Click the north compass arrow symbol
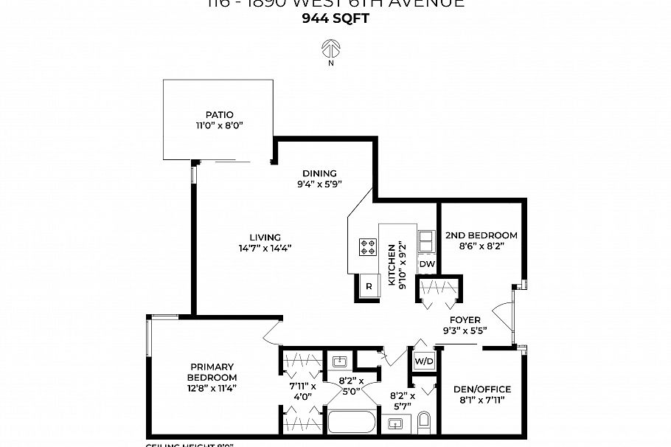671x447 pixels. click(330, 49)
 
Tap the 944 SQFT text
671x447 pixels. click(335, 19)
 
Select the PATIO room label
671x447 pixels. click(219, 114)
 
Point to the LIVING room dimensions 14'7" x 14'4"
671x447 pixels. click(265, 248)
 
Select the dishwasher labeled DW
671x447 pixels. click(427, 263)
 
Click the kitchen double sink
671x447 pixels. click(427, 241)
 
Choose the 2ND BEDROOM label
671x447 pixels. click(481, 235)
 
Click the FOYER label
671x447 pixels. click(466, 320)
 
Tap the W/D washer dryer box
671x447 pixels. click(423, 361)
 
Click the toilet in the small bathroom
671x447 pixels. click(423, 422)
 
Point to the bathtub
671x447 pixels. click(352, 423)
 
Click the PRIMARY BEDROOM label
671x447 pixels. click(212, 372)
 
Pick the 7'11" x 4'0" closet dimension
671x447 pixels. click(302, 390)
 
